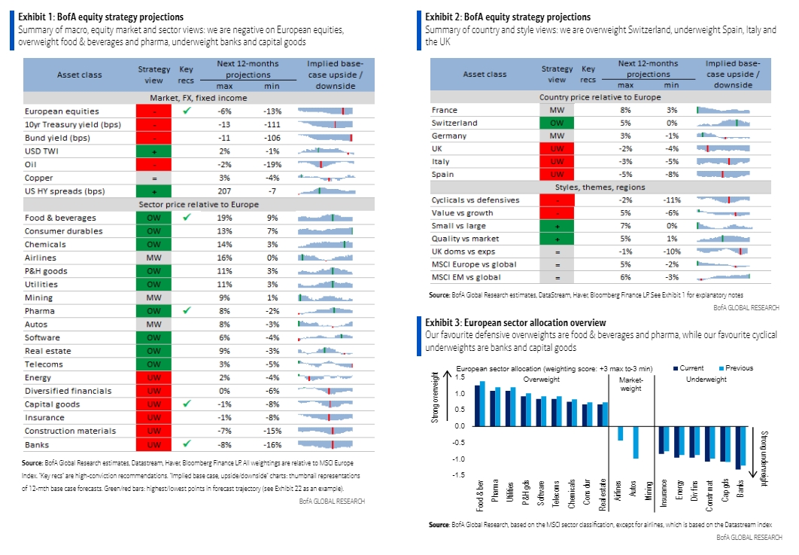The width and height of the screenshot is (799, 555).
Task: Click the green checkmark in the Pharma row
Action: pos(187,310)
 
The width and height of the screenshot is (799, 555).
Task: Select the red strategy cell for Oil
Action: pos(154,164)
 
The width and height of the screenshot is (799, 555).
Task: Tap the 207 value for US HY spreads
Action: pos(224,191)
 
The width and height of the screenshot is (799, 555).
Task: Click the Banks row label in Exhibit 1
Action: pos(37,445)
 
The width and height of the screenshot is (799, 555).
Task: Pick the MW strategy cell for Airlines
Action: pos(154,258)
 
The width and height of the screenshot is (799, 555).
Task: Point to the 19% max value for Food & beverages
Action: pos(224,218)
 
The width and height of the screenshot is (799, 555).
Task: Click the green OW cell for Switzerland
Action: pos(557,123)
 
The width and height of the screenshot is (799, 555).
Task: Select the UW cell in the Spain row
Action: pos(557,174)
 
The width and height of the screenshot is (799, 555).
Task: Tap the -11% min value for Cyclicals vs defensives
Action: pos(672,200)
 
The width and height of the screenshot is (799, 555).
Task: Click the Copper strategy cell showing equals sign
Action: pos(154,178)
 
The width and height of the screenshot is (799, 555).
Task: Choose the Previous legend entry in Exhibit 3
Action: pos(736,367)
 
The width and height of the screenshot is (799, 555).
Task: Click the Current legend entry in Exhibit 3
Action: pos(688,367)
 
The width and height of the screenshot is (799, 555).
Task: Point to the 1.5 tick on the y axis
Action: pos(460,377)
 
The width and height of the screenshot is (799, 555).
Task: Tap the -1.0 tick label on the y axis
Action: pos(459,459)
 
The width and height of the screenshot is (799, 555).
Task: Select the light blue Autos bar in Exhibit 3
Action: pos(636,442)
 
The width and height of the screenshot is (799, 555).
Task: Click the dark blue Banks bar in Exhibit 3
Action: pos(738,448)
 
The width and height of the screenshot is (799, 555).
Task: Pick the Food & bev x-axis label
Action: pos(480,495)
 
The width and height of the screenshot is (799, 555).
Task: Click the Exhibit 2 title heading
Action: pos(508,17)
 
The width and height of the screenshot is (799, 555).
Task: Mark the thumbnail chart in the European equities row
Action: pos(325,111)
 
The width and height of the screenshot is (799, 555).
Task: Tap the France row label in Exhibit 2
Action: pos(445,110)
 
